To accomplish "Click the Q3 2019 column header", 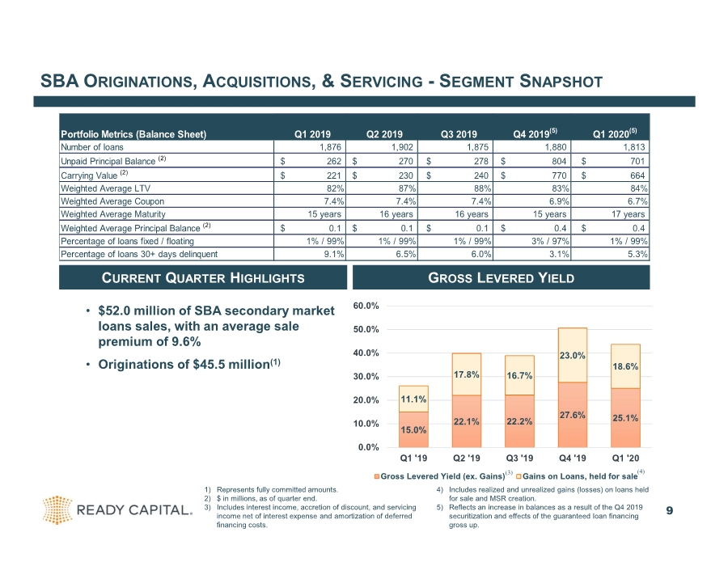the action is (x=459, y=134).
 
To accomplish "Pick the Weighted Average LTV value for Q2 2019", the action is (x=407, y=188).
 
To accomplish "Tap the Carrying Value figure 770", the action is (x=558, y=175).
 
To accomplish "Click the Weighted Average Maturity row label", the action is (x=112, y=214).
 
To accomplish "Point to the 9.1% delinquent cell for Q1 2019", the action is (x=334, y=254).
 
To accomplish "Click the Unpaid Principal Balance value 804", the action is (x=558, y=161).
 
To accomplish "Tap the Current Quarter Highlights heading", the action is (x=203, y=278).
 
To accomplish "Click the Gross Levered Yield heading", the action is (x=501, y=278).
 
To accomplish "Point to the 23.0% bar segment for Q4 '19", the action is (x=573, y=355).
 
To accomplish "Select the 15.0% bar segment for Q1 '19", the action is (x=413, y=429).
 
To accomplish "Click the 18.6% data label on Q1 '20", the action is (x=625, y=366).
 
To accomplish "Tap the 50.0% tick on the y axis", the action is (x=366, y=329).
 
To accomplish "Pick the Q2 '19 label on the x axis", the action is (x=466, y=458).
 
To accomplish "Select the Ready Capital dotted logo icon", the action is (x=57, y=510).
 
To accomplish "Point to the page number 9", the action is (x=669, y=510).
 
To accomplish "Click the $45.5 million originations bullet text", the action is (x=189, y=365).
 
